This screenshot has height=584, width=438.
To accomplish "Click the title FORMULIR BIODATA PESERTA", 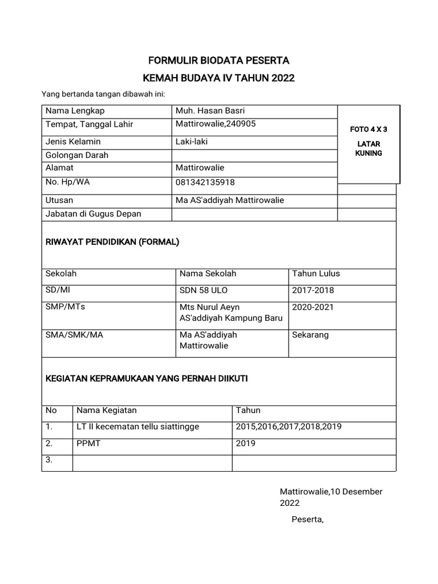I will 219,60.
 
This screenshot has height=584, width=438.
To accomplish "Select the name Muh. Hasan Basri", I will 210,111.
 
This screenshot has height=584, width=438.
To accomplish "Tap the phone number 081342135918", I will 205,182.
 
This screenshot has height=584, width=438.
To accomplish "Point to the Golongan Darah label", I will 77,155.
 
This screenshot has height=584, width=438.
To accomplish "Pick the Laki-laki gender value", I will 192,141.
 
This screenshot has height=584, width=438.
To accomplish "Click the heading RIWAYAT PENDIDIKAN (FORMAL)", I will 112,242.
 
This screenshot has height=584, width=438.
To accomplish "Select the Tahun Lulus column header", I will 316,274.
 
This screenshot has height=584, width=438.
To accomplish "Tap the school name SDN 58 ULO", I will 204,290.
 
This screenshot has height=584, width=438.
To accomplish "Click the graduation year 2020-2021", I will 313,307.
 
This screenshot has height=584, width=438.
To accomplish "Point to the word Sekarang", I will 310,335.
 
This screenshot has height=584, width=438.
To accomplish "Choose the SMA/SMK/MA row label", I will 74,335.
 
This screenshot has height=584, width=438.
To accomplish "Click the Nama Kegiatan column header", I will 107,410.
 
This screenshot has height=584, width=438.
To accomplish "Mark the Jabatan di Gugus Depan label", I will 94,214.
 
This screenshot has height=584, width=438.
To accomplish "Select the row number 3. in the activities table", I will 49,461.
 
